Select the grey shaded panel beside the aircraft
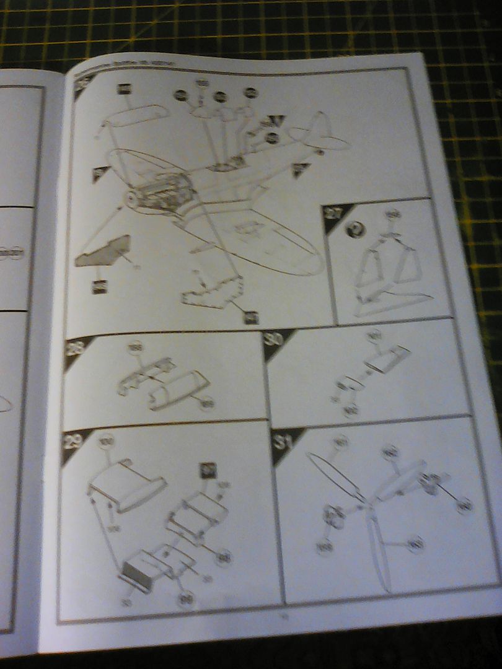click(x=103, y=251)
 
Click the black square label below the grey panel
click(x=99, y=287)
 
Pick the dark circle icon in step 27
click(x=358, y=229)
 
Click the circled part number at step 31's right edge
click(x=464, y=506)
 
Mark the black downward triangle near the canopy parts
click(x=277, y=121)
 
